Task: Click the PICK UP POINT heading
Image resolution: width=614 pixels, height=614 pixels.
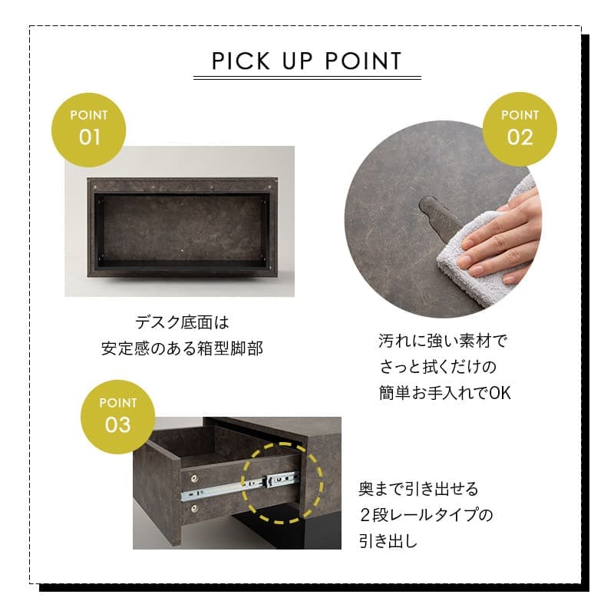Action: (306, 61)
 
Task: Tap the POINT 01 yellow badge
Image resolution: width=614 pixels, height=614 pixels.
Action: (88, 130)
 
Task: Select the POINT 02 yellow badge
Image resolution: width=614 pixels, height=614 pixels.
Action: (520, 129)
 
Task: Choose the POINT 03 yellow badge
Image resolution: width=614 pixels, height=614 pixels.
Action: (117, 417)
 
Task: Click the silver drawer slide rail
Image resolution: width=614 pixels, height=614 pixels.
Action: (239, 487)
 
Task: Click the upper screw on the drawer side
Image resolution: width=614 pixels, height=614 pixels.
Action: (194, 478)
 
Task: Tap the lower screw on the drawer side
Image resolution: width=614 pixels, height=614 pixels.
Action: (194, 508)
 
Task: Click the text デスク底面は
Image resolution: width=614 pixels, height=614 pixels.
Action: (182, 322)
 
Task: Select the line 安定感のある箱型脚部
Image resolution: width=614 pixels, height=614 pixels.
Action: (182, 348)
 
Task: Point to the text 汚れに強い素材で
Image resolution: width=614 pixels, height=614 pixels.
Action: (443, 341)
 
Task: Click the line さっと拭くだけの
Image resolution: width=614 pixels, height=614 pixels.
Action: (437, 367)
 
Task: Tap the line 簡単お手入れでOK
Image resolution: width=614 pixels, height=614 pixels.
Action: (445, 393)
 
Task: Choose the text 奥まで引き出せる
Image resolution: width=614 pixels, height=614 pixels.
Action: (418, 489)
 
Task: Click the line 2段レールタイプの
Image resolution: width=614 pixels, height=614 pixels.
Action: (426, 515)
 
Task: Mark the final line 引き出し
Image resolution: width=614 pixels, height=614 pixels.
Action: (388, 541)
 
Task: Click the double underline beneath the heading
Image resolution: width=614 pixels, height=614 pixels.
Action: (308, 78)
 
